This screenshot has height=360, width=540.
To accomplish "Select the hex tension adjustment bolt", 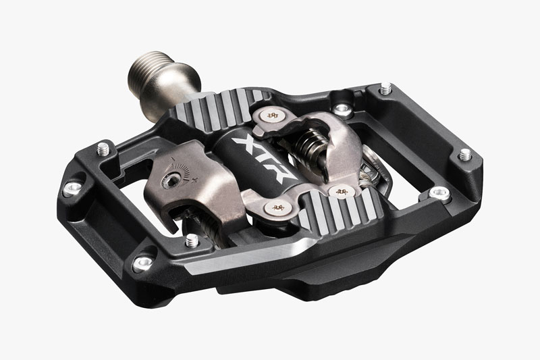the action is [171, 180].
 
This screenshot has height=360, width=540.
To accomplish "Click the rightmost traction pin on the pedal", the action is [466, 155].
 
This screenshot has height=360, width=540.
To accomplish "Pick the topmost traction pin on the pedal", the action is [385, 88].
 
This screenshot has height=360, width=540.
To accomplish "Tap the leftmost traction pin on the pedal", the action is [103, 149].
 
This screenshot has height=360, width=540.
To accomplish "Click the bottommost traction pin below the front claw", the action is [192, 240].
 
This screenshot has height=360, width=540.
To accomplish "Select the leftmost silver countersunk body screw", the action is [73, 188].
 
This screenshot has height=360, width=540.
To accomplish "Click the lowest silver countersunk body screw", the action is [142, 263].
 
